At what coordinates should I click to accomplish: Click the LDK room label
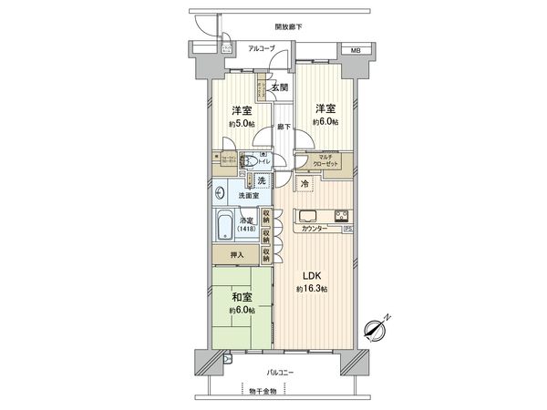coord(311,275)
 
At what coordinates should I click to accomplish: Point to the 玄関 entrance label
coord(280,87)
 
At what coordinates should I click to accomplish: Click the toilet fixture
coord(252,158)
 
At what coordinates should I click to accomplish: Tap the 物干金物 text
coord(267,391)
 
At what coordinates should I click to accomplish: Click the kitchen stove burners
coord(340,217)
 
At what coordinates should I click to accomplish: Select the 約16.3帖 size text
coord(311,289)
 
